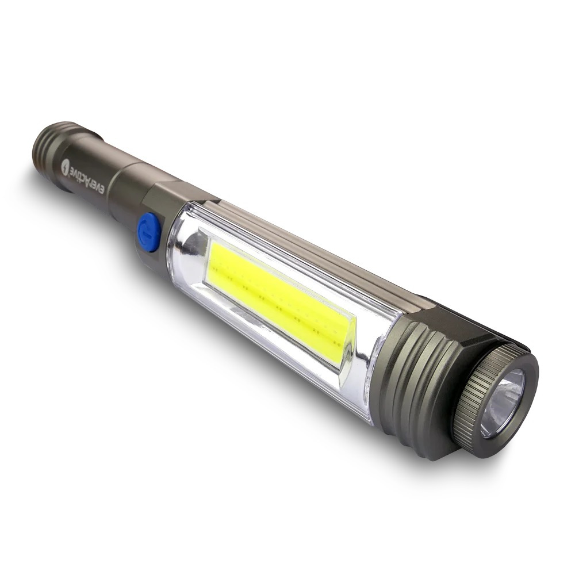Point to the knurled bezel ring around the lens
click(471, 397)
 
